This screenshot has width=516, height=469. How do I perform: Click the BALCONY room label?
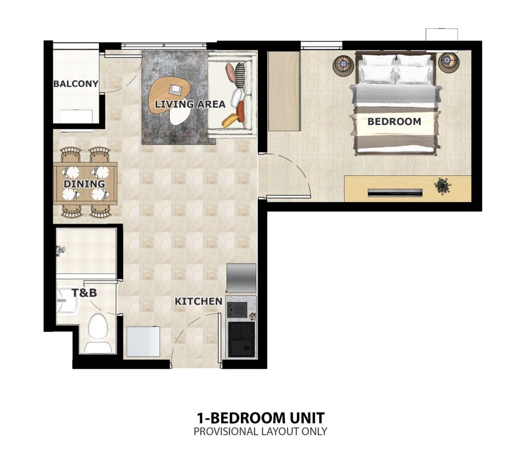point(76,84)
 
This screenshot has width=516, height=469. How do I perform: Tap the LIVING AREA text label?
point(190,104)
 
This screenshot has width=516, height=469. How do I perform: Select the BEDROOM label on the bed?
point(394,122)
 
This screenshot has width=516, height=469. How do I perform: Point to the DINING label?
point(84,184)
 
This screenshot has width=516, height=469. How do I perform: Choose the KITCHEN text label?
point(198,302)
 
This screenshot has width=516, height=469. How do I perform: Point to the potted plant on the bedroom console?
point(442,186)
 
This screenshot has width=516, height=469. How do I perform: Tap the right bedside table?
point(447,62)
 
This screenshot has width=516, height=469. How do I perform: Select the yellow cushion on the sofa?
point(231,120)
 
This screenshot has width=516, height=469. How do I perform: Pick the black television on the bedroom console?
point(395,192)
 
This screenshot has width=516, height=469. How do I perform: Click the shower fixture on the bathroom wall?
point(60,249)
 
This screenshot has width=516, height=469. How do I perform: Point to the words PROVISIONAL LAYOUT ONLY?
point(260,432)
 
